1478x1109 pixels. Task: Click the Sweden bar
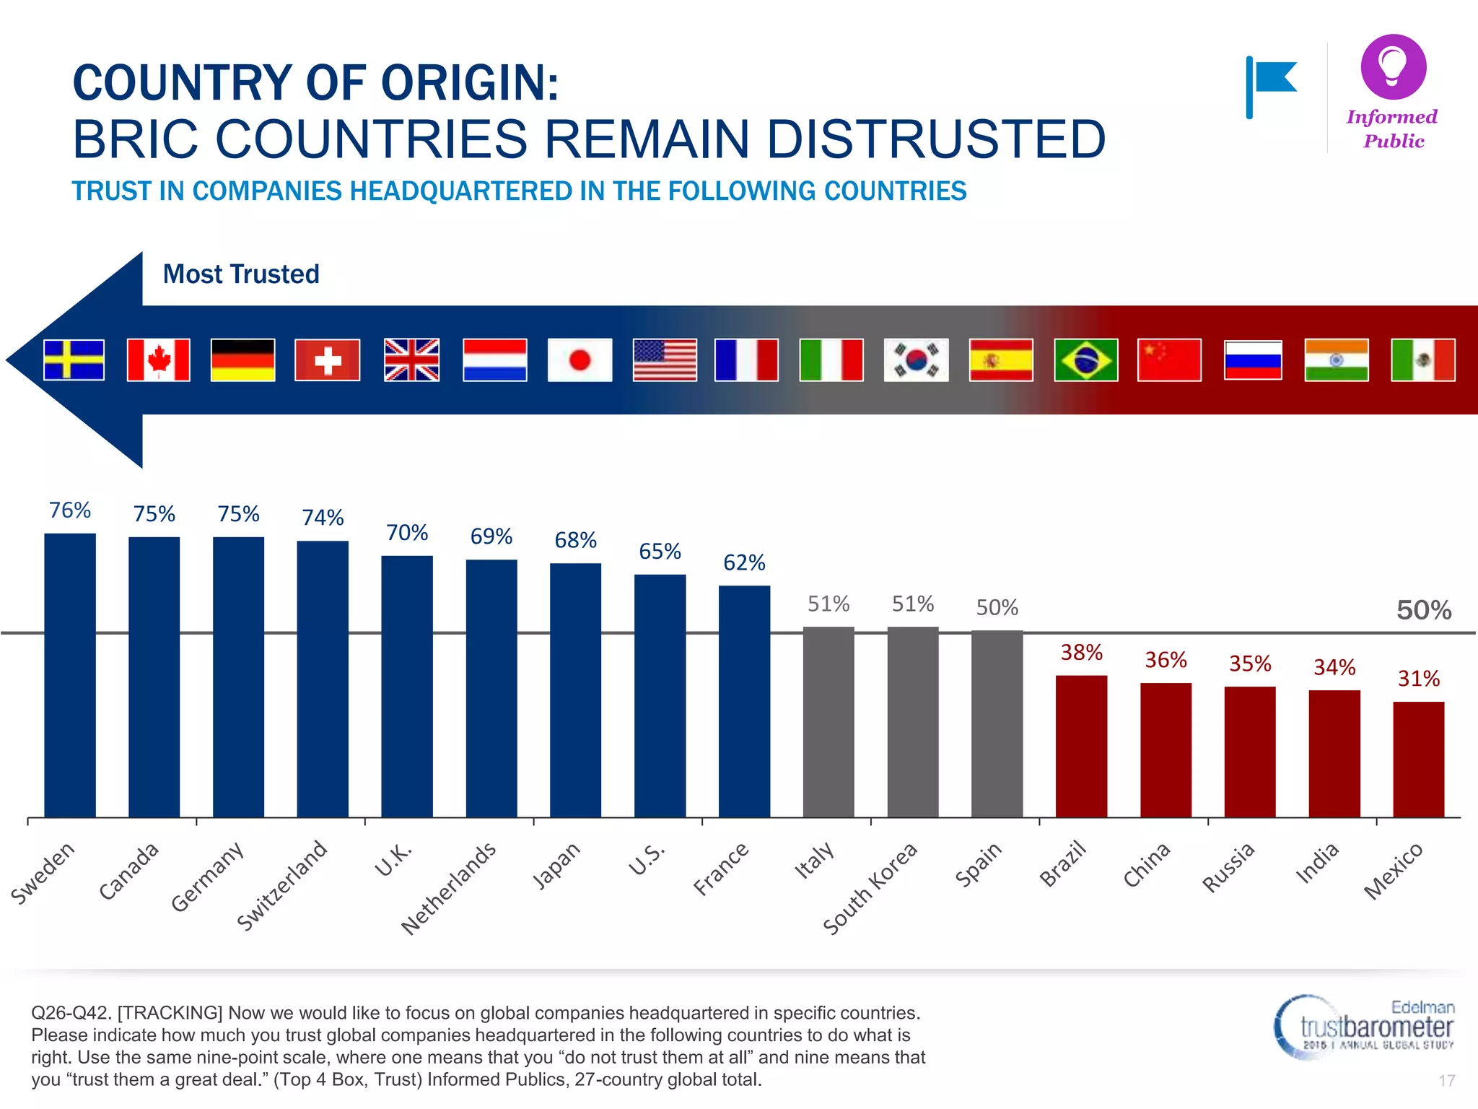click(70, 675)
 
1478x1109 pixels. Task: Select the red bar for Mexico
click(1418, 760)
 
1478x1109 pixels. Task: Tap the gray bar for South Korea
click(913, 722)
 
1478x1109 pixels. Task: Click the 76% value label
click(70, 510)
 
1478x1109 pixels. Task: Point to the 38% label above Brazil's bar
click(1081, 653)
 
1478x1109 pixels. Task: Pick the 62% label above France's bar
click(744, 562)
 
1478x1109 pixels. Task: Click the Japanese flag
click(580, 360)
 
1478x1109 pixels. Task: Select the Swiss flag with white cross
click(327, 360)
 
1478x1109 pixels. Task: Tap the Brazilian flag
click(1085, 360)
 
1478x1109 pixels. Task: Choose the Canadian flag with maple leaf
click(158, 360)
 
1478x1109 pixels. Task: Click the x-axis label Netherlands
click(449, 889)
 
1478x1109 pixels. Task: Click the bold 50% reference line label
click(1423, 611)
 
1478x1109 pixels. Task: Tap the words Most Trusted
click(241, 274)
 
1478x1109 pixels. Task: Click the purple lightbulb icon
click(1393, 66)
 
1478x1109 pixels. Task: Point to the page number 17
click(1446, 1081)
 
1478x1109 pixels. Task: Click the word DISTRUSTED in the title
click(935, 139)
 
